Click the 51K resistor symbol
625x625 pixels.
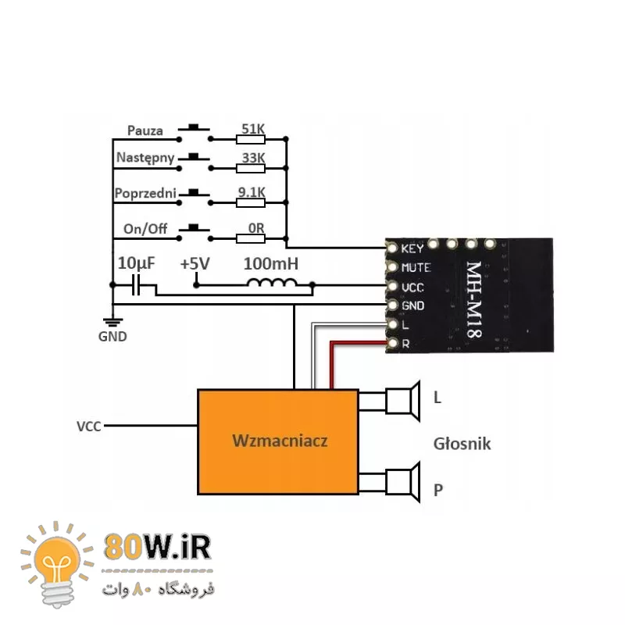click(x=251, y=140)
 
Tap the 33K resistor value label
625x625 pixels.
click(x=252, y=157)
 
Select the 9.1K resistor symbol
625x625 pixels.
click(x=251, y=202)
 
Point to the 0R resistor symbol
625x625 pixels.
click(x=251, y=237)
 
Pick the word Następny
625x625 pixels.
click(x=145, y=158)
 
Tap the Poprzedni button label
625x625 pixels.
click(x=145, y=193)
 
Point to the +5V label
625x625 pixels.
click(x=195, y=264)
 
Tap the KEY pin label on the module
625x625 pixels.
click(x=412, y=249)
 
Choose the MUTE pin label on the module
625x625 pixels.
click(x=415, y=268)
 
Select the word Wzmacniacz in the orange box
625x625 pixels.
click(x=280, y=441)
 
